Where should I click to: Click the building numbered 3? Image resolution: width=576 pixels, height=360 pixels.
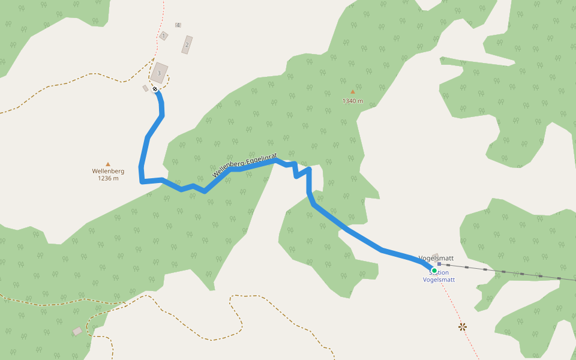click(x=159, y=73)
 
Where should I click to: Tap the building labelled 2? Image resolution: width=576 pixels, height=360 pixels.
click(x=187, y=44)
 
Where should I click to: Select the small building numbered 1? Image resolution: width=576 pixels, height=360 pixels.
click(x=163, y=36)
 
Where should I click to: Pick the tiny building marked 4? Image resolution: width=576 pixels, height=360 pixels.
click(x=178, y=25)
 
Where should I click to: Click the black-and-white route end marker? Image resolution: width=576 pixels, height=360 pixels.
click(x=155, y=89)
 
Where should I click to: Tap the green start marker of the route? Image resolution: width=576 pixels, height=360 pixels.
click(x=434, y=270)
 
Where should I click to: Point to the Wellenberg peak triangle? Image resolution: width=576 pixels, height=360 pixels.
click(x=108, y=164)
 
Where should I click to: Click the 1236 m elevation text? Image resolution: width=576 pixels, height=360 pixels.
click(x=108, y=178)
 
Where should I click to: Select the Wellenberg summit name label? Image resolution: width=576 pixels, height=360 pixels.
click(x=108, y=171)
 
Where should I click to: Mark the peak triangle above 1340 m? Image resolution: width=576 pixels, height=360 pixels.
click(x=353, y=92)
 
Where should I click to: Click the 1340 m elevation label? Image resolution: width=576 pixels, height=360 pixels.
click(x=353, y=101)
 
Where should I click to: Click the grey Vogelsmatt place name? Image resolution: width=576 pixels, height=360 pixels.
click(x=436, y=258)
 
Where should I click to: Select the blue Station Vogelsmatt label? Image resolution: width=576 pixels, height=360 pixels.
click(x=439, y=277)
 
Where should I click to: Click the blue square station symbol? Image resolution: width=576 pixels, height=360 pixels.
click(x=439, y=263)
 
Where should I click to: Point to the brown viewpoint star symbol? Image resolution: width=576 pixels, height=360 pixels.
click(x=463, y=326)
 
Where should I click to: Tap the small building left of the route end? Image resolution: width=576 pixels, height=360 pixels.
click(x=145, y=88)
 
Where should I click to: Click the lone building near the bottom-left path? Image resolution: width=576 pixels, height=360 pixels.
click(x=77, y=331)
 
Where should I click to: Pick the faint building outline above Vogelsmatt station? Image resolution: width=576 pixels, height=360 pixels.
click(x=435, y=256)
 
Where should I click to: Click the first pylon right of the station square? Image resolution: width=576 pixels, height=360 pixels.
click(x=448, y=265)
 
